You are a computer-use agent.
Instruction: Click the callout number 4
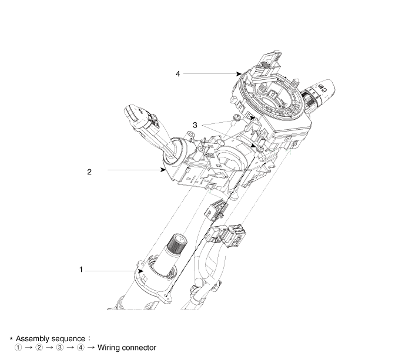coord(177,73)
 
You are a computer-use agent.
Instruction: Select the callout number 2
coord(89,173)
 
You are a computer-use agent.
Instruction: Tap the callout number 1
coord(81,270)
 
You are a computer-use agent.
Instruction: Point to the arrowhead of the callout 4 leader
coord(240,73)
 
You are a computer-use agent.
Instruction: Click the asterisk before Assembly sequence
coord(11,339)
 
